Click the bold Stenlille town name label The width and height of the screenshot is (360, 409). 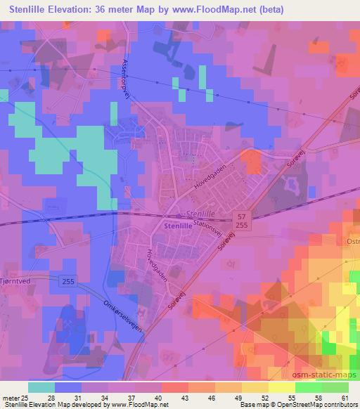tap(176, 227)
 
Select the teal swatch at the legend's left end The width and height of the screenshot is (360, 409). tap(41, 387)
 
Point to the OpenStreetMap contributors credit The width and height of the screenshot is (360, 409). tap(314, 405)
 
